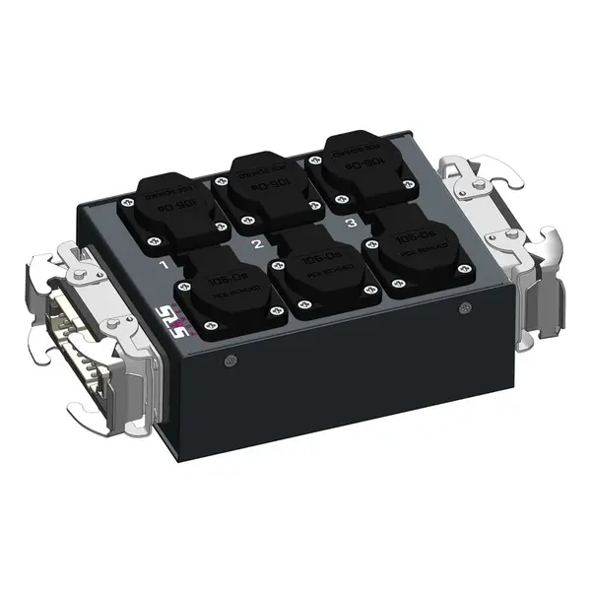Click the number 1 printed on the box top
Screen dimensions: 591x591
click(x=164, y=265)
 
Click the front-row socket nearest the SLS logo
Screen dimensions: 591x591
click(x=230, y=291)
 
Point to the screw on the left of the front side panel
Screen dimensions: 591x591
click(x=230, y=360)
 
